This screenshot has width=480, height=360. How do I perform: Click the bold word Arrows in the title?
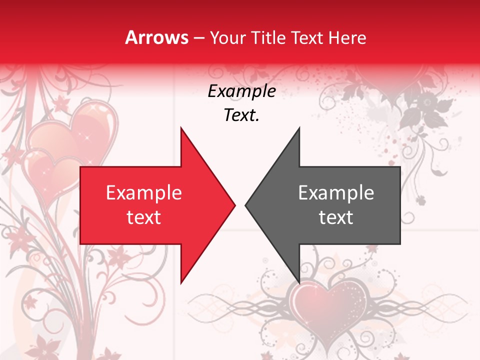[x=157, y=37]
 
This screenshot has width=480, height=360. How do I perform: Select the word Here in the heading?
[x=347, y=37]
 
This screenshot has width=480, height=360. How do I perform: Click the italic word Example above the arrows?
[x=242, y=91]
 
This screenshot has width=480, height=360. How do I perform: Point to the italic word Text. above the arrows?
[x=242, y=115]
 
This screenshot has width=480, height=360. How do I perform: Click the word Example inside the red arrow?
[x=144, y=192]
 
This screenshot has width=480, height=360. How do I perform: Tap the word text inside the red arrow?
[x=144, y=217]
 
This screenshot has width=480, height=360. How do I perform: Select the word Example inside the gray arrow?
[x=336, y=192]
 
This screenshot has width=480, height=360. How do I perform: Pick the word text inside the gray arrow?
[x=336, y=217]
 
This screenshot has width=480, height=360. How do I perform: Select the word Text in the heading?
[x=307, y=37]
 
